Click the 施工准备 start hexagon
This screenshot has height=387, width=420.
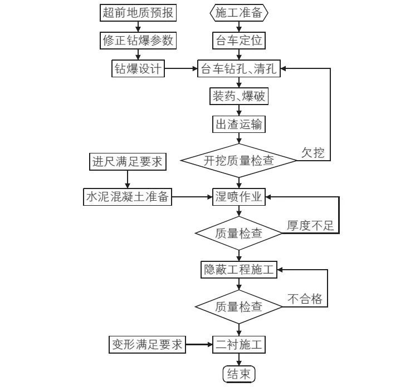(239, 13)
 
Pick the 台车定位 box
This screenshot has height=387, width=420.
(239, 41)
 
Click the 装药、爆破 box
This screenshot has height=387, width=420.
(239, 97)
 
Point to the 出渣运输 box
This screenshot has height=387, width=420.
(239, 125)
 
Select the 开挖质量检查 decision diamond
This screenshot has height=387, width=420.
(239, 161)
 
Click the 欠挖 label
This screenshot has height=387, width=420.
(313, 153)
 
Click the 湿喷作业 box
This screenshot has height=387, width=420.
(239, 196)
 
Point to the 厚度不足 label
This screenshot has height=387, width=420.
(310, 226)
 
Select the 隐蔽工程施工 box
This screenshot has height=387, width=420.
(239, 270)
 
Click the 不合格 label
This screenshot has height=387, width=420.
(305, 299)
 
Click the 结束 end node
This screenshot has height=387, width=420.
(239, 374)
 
